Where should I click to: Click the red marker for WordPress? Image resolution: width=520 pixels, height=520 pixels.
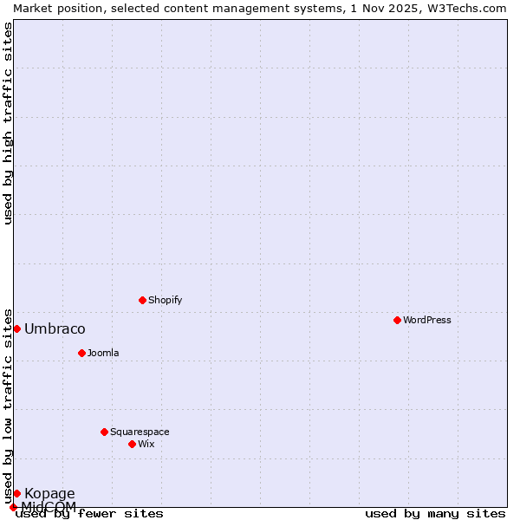[397, 320]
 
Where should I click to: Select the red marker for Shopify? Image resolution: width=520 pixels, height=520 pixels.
[142, 300]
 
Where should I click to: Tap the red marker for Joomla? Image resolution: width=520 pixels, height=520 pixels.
[81, 353]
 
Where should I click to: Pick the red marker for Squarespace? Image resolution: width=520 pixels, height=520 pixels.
[104, 432]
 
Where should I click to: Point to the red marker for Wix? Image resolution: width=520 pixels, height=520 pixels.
[132, 444]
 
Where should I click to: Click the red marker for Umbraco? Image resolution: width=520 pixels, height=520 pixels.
[16, 328]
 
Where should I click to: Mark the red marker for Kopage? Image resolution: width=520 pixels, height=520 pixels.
[16, 493]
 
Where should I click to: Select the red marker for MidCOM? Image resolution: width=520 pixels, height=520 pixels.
[13, 507]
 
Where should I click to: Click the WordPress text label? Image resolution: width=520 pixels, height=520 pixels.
[427, 320]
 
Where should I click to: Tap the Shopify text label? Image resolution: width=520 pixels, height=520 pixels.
[165, 300]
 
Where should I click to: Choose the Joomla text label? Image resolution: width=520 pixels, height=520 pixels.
[103, 353]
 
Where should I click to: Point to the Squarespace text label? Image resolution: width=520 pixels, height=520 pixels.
[140, 432]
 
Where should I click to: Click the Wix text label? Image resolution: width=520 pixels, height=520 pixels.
[146, 444]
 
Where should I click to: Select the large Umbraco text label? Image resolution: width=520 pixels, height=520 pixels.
[55, 328]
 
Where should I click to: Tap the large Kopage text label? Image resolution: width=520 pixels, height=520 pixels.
[49, 494]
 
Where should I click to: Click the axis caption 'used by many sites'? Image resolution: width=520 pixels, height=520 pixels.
[435, 514]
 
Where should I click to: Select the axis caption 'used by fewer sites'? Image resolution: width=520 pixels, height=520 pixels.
[90, 514]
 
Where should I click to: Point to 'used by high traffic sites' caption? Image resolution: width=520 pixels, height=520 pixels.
[9, 123]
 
